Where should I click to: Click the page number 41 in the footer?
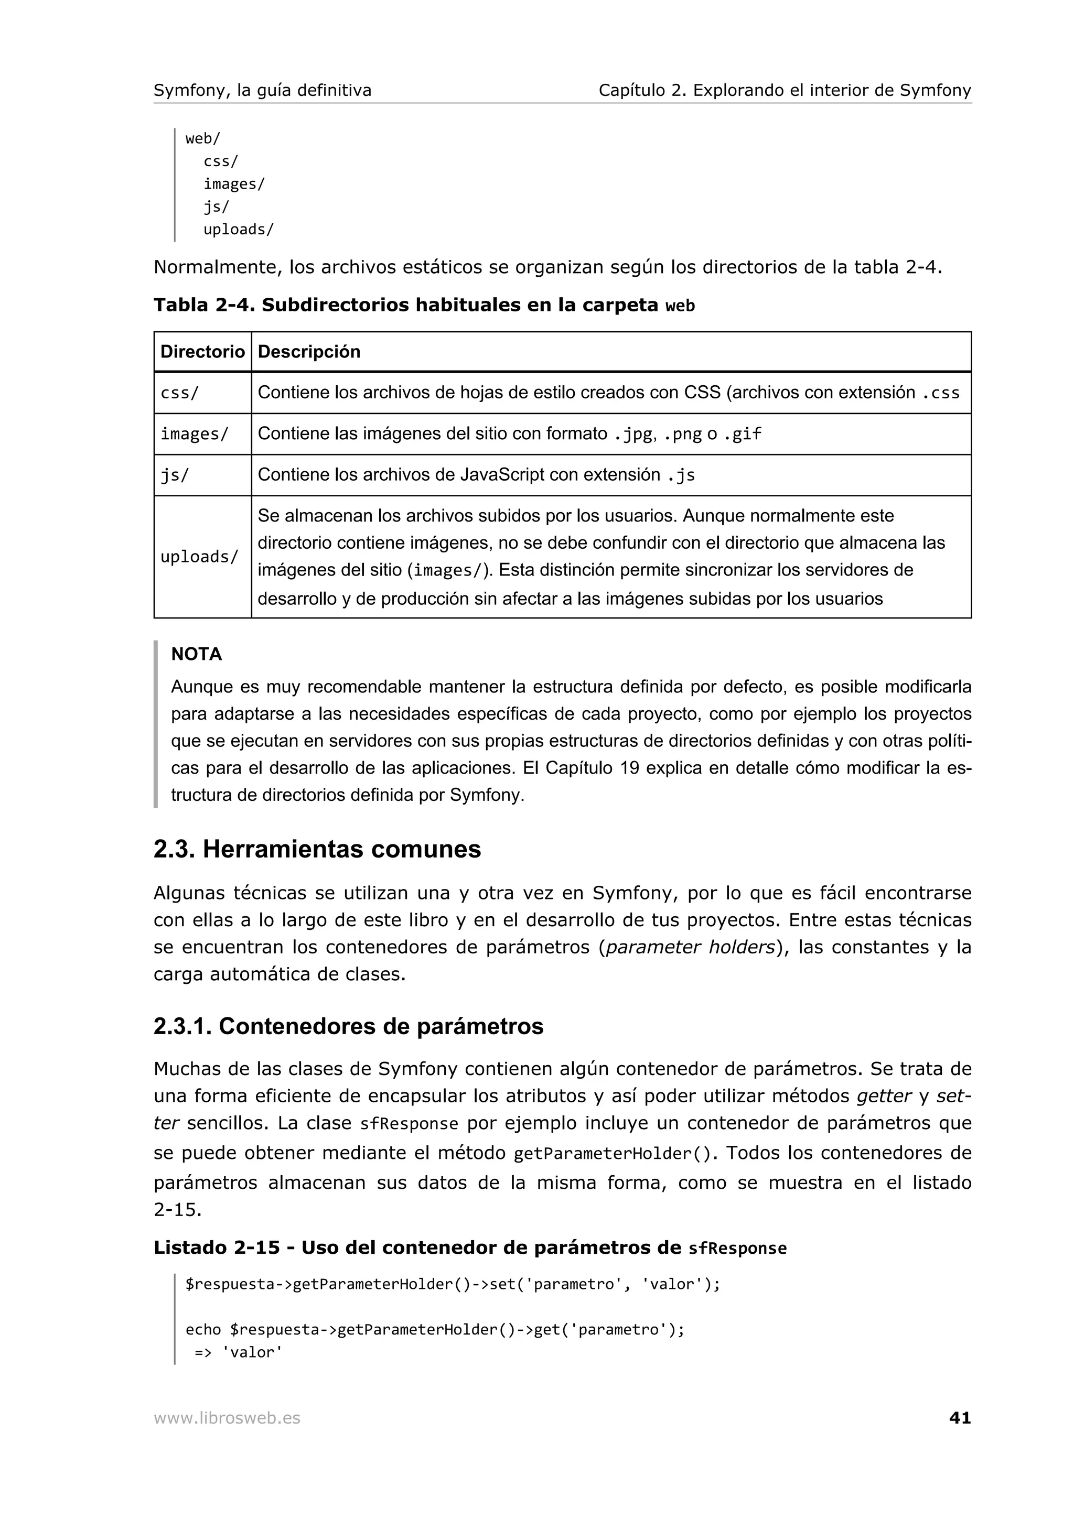tap(960, 1418)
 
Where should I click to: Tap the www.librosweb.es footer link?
tap(227, 1418)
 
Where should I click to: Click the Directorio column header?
tap(202, 351)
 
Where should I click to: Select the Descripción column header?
tap(309, 351)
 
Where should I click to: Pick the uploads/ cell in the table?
tap(199, 557)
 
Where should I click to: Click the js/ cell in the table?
tap(175, 475)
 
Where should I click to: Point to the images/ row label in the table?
tap(195, 434)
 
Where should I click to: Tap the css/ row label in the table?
tap(179, 393)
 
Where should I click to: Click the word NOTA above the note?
tap(197, 654)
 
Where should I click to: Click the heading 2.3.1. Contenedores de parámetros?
tap(348, 1026)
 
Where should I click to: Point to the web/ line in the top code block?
tap(202, 139)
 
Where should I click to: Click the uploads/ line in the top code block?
tap(238, 230)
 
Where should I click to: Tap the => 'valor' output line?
tap(238, 1352)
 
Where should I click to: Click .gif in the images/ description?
tap(742, 434)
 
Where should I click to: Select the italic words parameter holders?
tap(690, 947)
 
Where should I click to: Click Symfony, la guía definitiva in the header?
tap(262, 90)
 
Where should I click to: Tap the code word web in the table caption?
tap(680, 306)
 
